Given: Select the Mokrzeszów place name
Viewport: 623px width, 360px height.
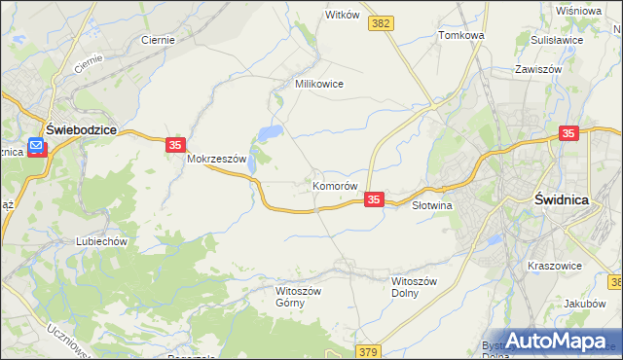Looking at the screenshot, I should click(x=220, y=159).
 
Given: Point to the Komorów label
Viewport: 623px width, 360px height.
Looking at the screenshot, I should click(x=336, y=185).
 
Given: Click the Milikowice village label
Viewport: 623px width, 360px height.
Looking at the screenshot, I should click(x=319, y=84).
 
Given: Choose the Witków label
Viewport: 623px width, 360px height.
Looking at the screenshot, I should click(x=343, y=16).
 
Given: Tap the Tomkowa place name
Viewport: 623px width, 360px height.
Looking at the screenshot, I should click(x=461, y=35).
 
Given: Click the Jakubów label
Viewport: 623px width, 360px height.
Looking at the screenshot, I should click(x=585, y=304).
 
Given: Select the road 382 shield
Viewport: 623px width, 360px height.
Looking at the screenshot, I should click(x=381, y=22).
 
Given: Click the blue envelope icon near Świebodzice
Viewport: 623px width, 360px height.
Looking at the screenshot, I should click(x=37, y=147).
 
